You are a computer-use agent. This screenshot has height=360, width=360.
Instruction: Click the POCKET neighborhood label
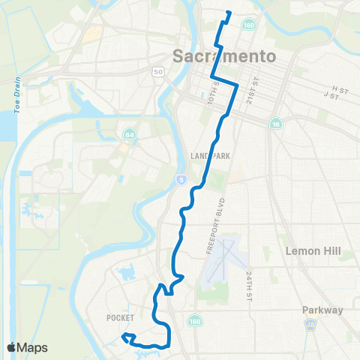[120, 317]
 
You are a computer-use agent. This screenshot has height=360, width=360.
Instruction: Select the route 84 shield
[129, 134]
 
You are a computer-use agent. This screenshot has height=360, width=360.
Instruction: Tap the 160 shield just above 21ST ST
[247, 24]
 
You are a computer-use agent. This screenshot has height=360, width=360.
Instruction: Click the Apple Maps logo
[28, 347]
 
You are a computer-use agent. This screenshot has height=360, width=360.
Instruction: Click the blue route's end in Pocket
[124, 334]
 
